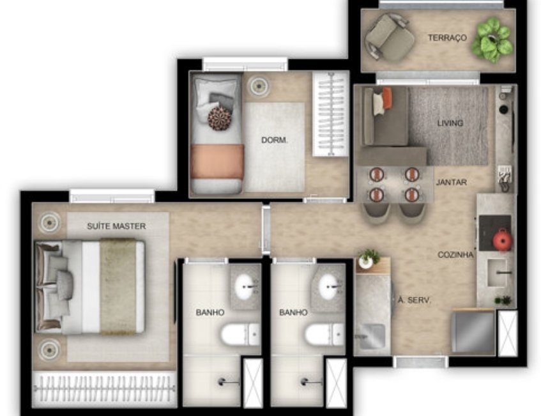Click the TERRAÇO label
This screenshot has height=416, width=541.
point(447,38)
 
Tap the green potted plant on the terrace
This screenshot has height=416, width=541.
point(491,40)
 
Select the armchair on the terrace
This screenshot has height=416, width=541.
point(390,37)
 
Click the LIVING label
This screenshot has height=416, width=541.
point(450,123)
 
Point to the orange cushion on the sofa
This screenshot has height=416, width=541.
point(387,98)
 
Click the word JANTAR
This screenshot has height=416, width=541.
point(452,182)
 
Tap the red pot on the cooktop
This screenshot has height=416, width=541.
point(502,239)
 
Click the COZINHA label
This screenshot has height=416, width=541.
point(455,255)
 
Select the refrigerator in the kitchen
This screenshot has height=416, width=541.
point(473,332)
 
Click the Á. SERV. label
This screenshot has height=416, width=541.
point(414,300)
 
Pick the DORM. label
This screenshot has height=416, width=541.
point(274,140)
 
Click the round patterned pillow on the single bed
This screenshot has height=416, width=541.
point(220,118)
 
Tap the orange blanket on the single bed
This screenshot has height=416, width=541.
point(217,162)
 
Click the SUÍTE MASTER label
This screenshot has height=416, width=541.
point(116,226)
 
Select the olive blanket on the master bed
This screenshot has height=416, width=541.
point(118,286)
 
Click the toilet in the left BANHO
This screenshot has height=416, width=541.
point(240,334)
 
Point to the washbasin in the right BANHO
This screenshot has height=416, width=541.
point(331,286)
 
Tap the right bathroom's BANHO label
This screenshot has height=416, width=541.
point(293,312)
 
